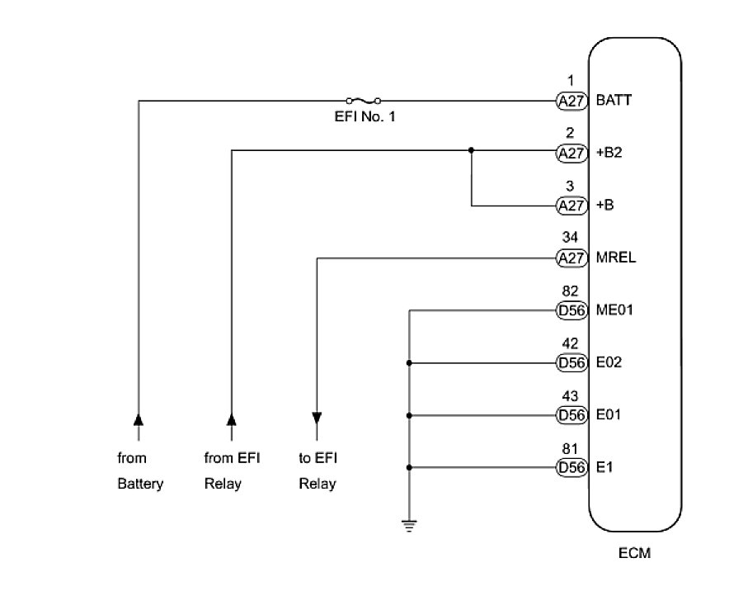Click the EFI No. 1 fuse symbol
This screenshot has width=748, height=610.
tap(363, 101)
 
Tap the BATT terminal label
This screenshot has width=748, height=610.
tap(615, 101)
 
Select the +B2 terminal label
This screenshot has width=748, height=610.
tap(609, 153)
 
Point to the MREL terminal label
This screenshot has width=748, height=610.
tap(616, 258)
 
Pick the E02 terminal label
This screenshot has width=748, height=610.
tap(609, 362)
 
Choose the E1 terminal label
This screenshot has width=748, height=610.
tap(605, 467)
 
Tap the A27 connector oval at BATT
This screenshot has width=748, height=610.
tap(571, 101)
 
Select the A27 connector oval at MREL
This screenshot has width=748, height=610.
tap(571, 258)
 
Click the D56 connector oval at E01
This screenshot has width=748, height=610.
tap(571, 415)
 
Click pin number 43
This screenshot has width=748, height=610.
tap(570, 397)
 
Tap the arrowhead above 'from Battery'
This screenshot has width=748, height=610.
tap(138, 420)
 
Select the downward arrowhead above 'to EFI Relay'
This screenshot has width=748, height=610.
tap(317, 418)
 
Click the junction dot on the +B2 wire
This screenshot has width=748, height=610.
tap(471, 150)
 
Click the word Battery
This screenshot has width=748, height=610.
tap(140, 484)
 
